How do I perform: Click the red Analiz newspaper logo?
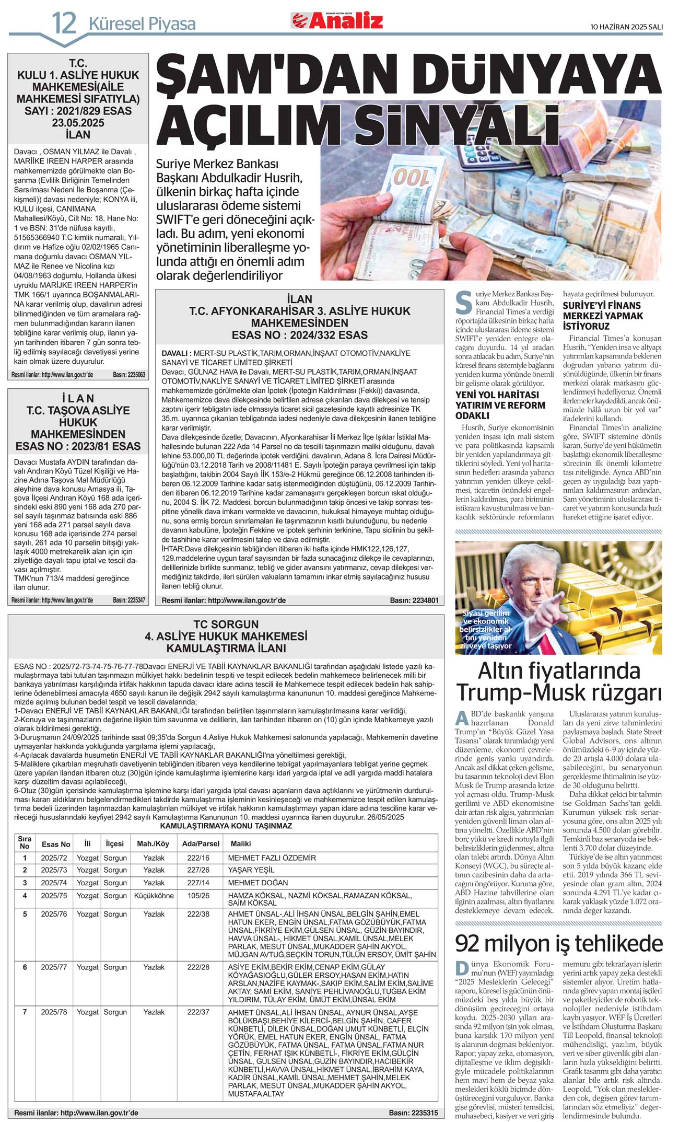(x=337, y=20)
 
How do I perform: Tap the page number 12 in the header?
(x=64, y=24)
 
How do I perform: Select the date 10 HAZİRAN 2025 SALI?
(x=626, y=26)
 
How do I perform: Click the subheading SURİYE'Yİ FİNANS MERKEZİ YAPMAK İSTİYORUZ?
(x=603, y=316)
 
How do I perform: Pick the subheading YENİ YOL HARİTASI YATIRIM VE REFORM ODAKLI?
(x=500, y=405)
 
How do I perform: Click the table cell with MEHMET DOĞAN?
(x=258, y=882)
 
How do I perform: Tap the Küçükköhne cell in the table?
(x=154, y=895)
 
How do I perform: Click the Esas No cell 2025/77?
(x=54, y=967)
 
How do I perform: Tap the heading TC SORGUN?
(x=226, y=624)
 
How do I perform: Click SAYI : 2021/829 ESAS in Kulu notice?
(x=78, y=111)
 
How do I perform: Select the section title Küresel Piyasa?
(x=142, y=24)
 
